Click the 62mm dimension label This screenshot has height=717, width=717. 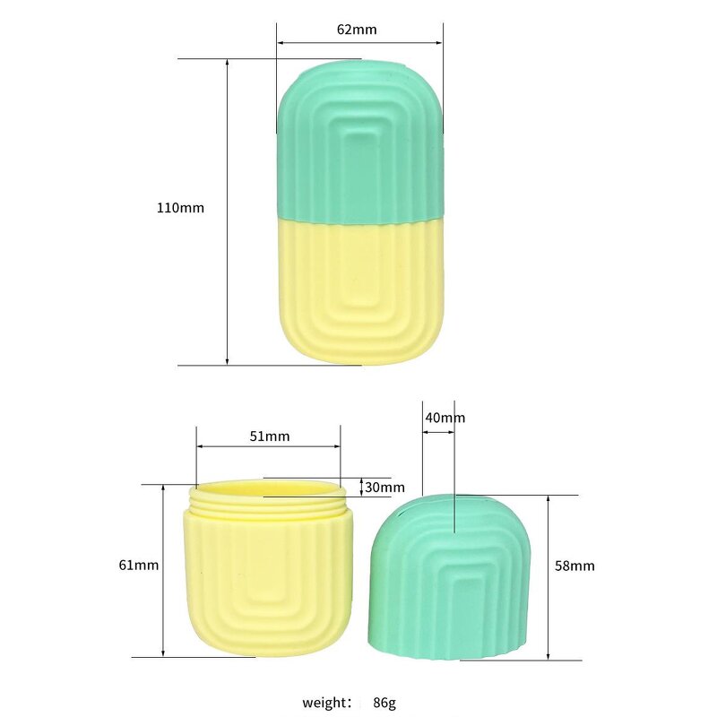[x=357, y=29]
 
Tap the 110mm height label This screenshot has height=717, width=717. [x=180, y=207]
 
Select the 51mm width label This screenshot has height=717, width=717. [x=268, y=436]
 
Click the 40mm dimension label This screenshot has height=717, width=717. [x=445, y=418]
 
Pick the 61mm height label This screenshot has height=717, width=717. [x=138, y=565]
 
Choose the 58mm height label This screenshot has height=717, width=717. [x=574, y=566]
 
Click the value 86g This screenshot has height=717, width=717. [x=384, y=702]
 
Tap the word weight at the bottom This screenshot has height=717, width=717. [x=327, y=702]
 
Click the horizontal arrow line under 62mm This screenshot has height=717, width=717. [x=359, y=42]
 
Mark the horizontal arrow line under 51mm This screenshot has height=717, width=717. [x=268, y=446]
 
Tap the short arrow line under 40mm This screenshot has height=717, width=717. [x=438, y=432]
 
